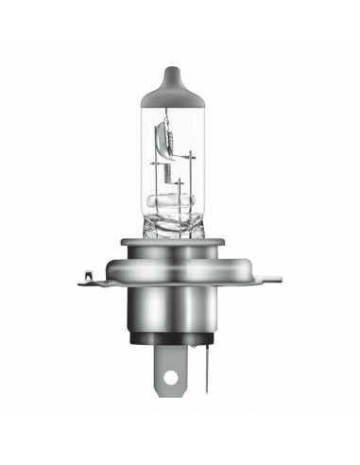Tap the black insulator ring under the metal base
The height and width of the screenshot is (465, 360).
[x=180, y=360]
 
